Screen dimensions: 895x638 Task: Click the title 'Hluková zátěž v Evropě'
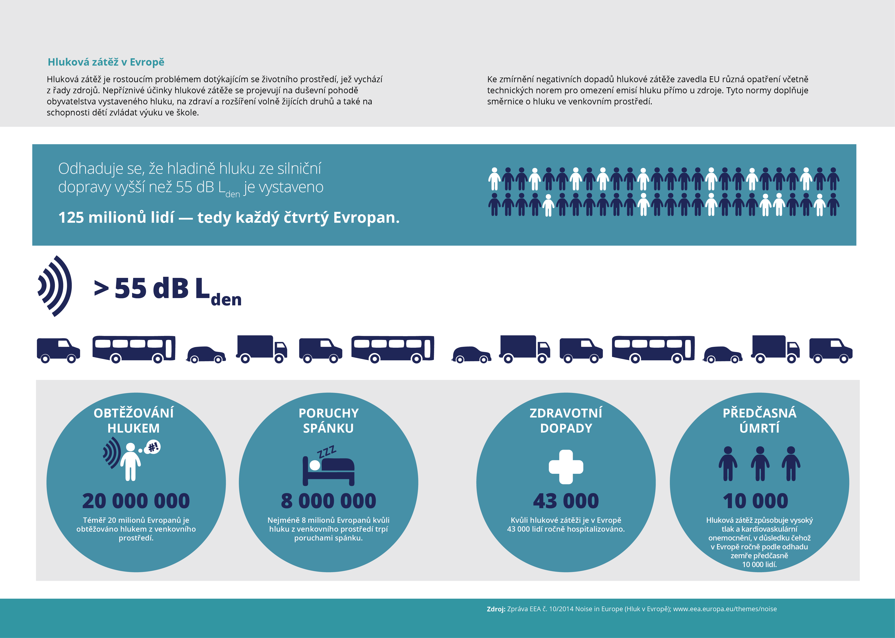coord(106,62)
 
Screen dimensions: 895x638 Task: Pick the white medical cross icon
coord(566,467)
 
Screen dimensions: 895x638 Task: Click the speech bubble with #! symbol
coord(152,447)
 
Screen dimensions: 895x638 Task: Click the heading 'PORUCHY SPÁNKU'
coord(329,420)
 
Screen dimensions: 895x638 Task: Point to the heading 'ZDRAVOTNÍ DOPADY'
coord(566,420)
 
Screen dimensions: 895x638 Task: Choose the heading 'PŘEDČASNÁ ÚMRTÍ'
coord(760,420)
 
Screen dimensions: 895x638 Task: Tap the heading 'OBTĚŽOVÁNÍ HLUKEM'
coord(134,420)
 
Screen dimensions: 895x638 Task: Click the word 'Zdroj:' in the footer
coord(496,609)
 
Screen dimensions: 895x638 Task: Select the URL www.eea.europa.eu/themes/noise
coord(725,609)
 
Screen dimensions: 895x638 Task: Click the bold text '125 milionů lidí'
coord(116,217)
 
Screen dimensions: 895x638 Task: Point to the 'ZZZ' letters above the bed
coord(327,452)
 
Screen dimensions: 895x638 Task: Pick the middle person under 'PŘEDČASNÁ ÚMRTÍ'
coord(760,464)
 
